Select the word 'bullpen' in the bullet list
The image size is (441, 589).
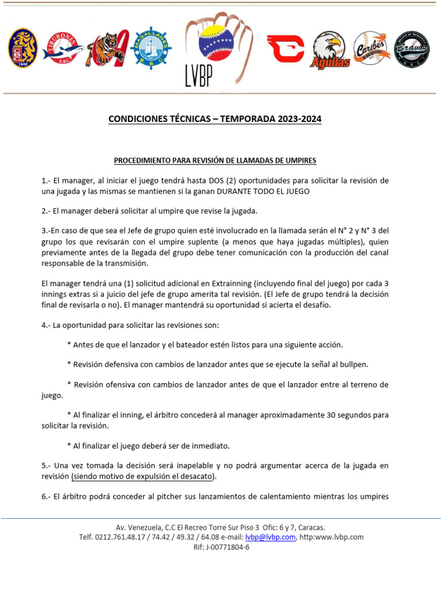[x=355, y=364]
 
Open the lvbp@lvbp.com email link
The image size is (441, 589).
[x=270, y=537]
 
